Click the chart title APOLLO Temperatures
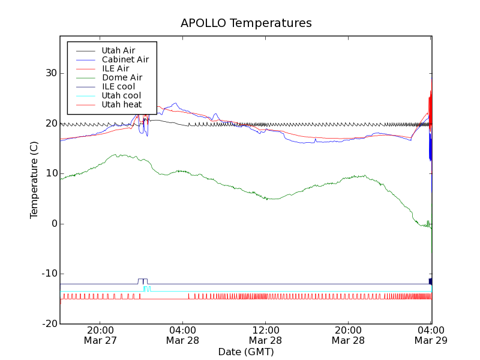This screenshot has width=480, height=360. click(x=246, y=23)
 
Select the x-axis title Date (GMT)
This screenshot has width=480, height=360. click(x=246, y=352)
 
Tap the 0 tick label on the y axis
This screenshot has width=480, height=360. click(x=53, y=224)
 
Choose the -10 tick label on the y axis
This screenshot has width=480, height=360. click(x=48, y=274)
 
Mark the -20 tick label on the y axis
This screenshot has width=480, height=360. click(x=48, y=324)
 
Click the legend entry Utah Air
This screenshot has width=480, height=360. click(x=118, y=50)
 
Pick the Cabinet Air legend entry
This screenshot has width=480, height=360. click(x=125, y=59)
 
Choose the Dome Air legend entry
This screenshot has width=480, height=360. click(x=122, y=77)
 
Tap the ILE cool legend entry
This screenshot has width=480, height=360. click(x=118, y=86)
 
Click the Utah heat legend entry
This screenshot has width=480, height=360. click(x=121, y=104)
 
